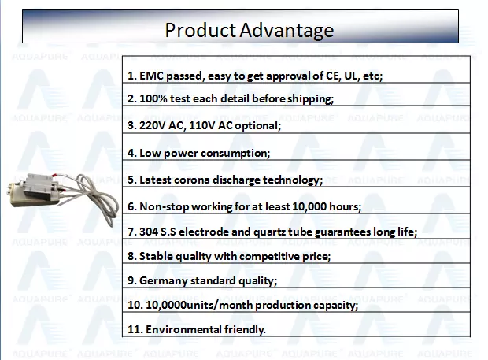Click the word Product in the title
pyautogui.click(x=200, y=30)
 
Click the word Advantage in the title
pyautogui.click(x=287, y=32)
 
